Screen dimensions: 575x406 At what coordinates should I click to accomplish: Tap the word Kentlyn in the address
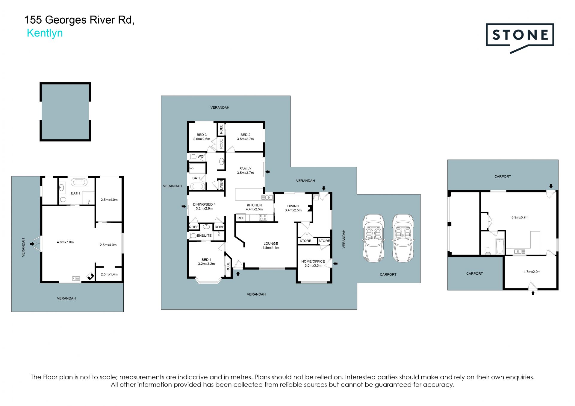click(45, 33)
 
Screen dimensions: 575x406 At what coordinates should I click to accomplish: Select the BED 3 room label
click(202, 137)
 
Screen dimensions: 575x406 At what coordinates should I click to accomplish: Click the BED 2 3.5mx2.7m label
click(245, 137)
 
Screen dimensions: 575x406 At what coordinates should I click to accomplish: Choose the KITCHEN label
click(254, 205)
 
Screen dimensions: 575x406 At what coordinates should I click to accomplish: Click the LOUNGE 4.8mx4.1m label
click(271, 246)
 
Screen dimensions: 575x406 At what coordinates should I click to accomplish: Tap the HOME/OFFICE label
click(313, 261)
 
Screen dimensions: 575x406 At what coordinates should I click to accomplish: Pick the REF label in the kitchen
click(241, 218)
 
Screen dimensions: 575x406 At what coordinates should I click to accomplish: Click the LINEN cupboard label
click(221, 185)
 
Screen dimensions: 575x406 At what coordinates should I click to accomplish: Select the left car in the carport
click(373, 238)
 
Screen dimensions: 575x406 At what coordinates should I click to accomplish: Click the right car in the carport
click(403, 238)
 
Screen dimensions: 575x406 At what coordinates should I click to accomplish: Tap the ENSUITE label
click(204, 236)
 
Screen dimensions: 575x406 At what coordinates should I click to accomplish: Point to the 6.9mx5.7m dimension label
click(520, 218)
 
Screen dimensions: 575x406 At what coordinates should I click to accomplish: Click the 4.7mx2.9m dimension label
click(532, 272)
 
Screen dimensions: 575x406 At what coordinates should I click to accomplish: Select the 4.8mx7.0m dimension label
click(65, 242)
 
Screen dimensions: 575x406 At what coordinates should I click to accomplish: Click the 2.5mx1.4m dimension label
click(109, 274)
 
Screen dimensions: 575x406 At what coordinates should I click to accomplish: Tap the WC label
click(200, 156)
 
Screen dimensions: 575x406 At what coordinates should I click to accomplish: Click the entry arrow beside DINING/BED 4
click(184, 206)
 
